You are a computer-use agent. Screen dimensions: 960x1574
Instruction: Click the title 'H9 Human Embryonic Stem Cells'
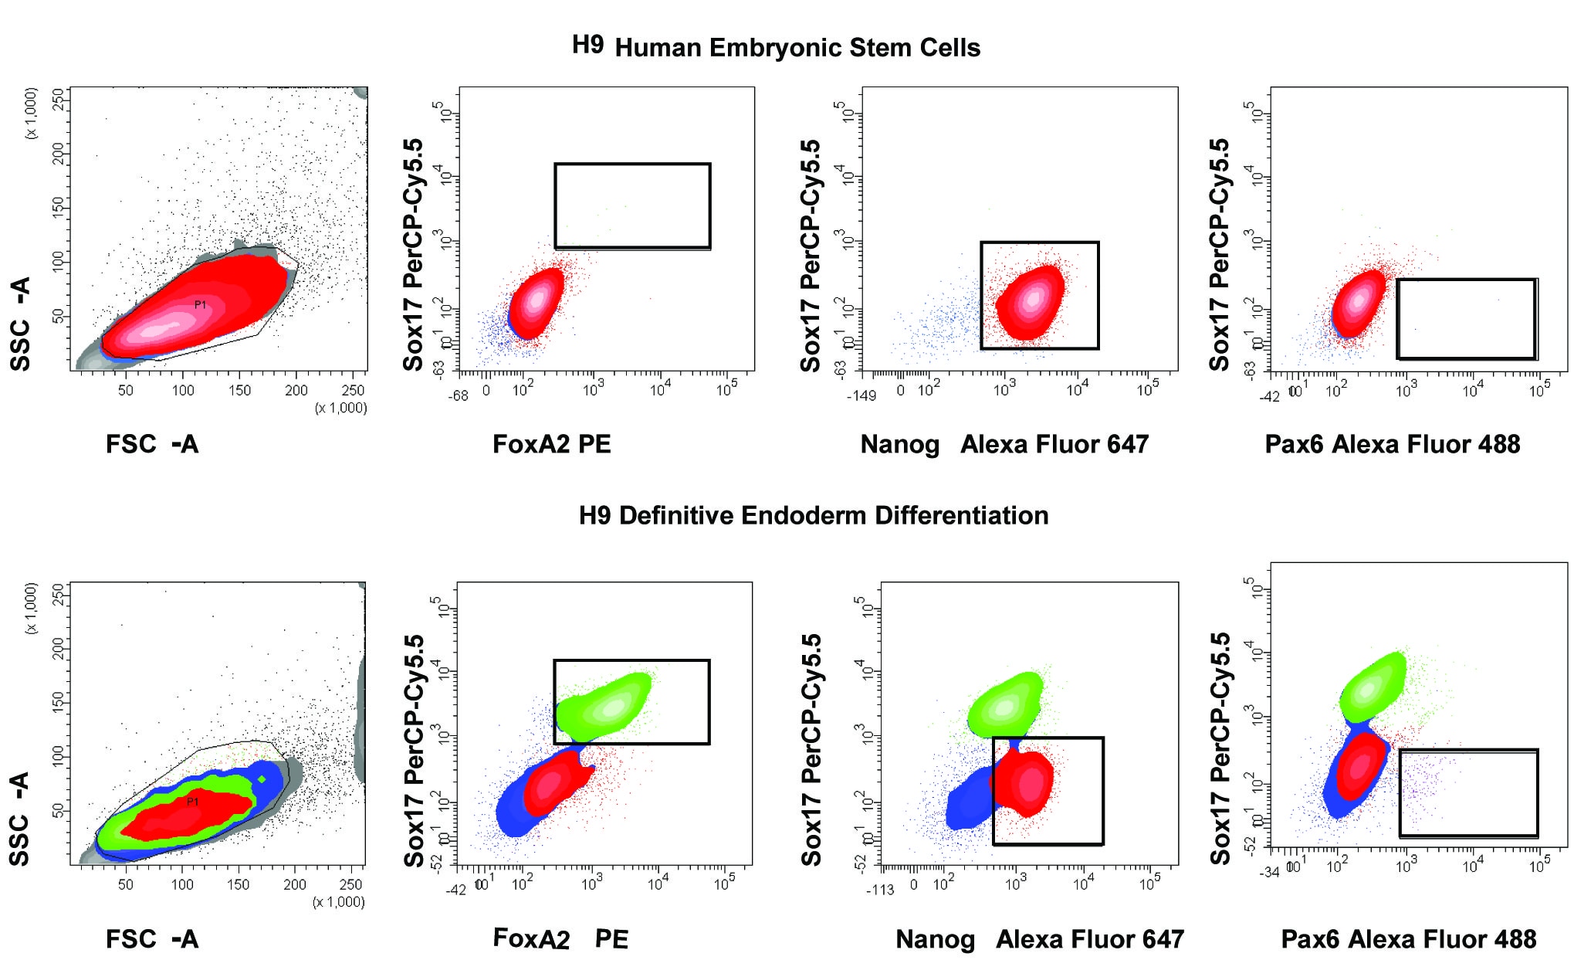pyautogui.click(x=776, y=46)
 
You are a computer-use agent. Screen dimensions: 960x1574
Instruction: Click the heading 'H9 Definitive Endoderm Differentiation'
pyautogui.click(x=814, y=515)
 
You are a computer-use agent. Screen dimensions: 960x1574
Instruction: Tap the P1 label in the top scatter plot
pyautogui.click(x=200, y=305)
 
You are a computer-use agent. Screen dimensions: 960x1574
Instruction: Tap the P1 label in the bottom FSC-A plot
pyautogui.click(x=192, y=802)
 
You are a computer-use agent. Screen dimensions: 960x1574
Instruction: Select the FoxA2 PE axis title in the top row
pyautogui.click(x=551, y=444)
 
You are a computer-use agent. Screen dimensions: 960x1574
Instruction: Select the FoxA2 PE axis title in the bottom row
pyautogui.click(x=560, y=939)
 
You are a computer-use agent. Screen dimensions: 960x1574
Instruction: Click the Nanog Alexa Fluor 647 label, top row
pyautogui.click(x=1004, y=444)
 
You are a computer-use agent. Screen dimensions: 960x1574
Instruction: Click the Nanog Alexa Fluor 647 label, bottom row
pyautogui.click(x=1039, y=939)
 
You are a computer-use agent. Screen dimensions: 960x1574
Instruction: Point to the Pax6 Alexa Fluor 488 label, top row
pyautogui.click(x=1392, y=444)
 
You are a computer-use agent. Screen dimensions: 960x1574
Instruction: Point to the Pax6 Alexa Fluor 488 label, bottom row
pyautogui.click(x=1408, y=939)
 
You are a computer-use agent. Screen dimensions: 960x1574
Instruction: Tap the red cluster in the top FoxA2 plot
pyautogui.click(x=536, y=303)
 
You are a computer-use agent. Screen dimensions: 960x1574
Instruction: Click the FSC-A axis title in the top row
pyautogui.click(x=152, y=444)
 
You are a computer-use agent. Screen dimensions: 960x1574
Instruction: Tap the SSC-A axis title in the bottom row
pyautogui.click(x=19, y=819)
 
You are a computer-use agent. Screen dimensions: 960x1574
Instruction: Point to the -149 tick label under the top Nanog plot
pyautogui.click(x=861, y=395)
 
